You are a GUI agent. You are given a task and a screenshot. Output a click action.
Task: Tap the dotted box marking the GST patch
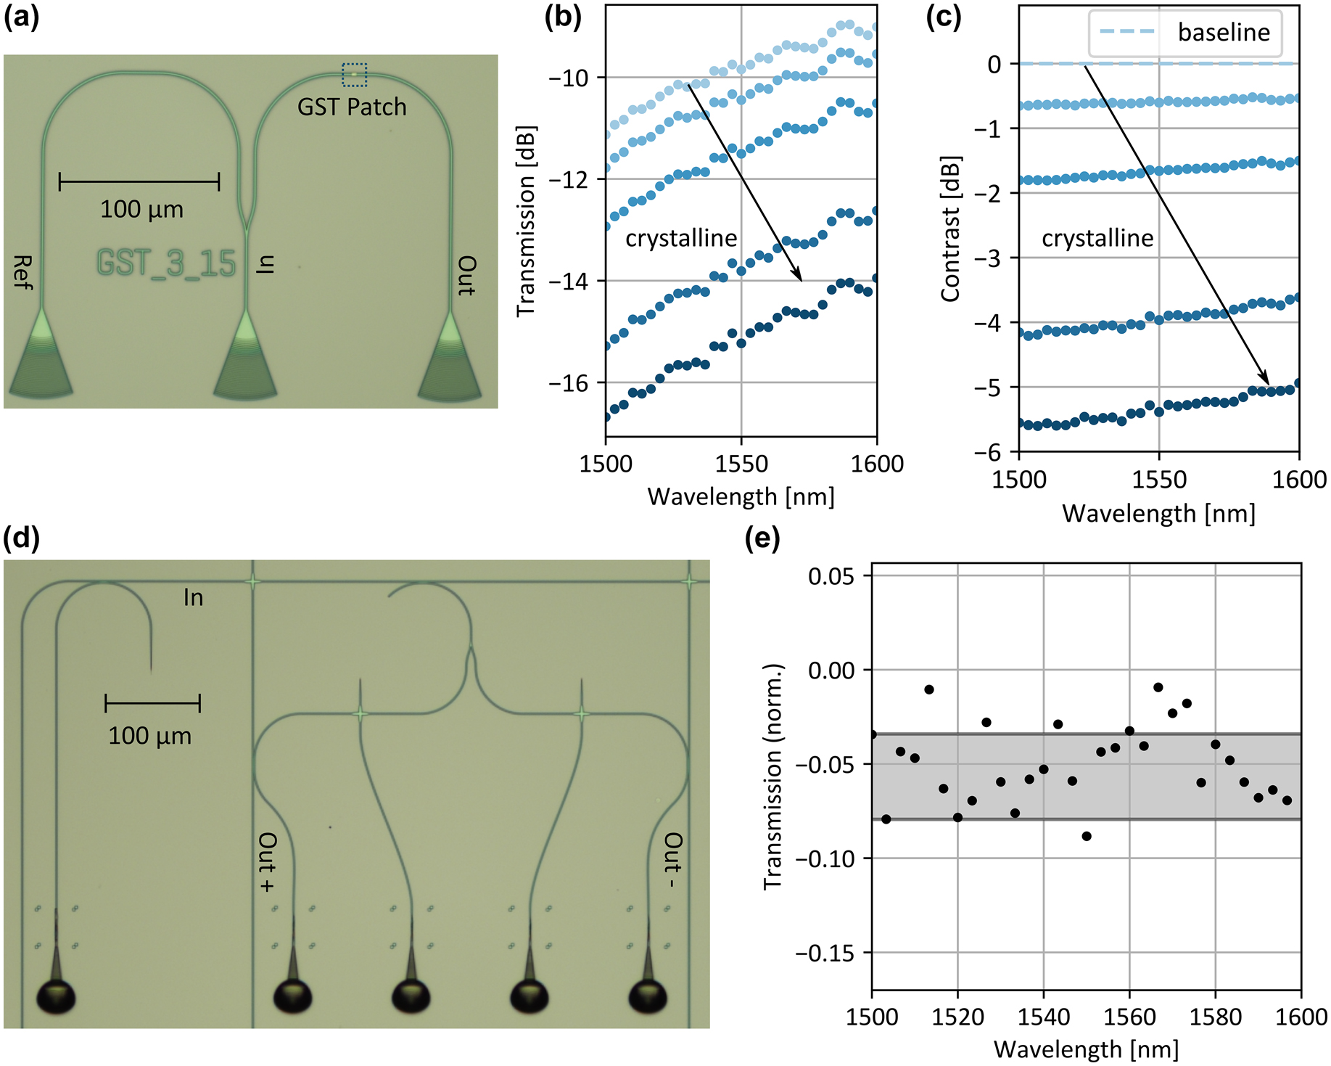click(x=354, y=74)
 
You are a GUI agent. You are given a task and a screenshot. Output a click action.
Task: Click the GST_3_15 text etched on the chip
click(x=166, y=263)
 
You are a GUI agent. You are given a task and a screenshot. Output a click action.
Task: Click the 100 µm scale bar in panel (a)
click(x=139, y=181)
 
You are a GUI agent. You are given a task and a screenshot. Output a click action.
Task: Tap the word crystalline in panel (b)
click(x=681, y=238)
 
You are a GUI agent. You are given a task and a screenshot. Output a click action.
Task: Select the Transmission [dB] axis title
click(x=526, y=221)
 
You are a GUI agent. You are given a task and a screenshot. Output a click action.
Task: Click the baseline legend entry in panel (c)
click(x=1185, y=33)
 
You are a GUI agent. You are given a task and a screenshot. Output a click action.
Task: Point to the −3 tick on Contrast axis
click(x=987, y=258)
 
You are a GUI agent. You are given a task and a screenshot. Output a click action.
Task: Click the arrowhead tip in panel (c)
click(x=1267, y=383)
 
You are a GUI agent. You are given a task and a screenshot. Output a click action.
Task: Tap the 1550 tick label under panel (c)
click(x=1158, y=480)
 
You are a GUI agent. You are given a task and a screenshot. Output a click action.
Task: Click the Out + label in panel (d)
click(x=267, y=861)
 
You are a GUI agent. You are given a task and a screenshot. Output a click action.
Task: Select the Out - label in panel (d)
click(x=673, y=860)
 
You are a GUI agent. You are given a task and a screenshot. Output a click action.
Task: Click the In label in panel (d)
click(x=193, y=598)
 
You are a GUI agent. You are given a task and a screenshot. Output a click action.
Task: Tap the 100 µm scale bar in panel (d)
click(x=152, y=703)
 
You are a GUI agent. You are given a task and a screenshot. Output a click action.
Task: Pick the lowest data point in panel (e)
click(x=1086, y=836)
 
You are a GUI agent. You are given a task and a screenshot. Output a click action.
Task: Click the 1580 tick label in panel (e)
click(x=1215, y=1017)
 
